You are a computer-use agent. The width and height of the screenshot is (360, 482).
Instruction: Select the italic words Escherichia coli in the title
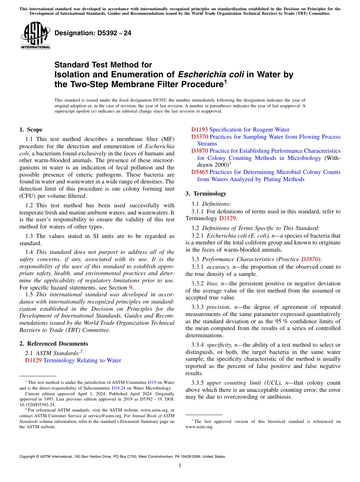(x=211, y=75)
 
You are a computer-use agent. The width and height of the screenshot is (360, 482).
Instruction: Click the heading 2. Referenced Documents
(x=54, y=344)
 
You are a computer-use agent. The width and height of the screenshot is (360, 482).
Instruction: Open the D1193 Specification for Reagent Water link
(x=240, y=130)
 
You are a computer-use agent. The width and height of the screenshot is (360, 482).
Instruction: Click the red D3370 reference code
(x=199, y=137)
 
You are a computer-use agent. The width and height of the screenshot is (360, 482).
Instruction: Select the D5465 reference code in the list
(x=199, y=172)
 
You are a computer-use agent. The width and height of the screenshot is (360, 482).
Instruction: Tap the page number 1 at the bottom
(x=180, y=465)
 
